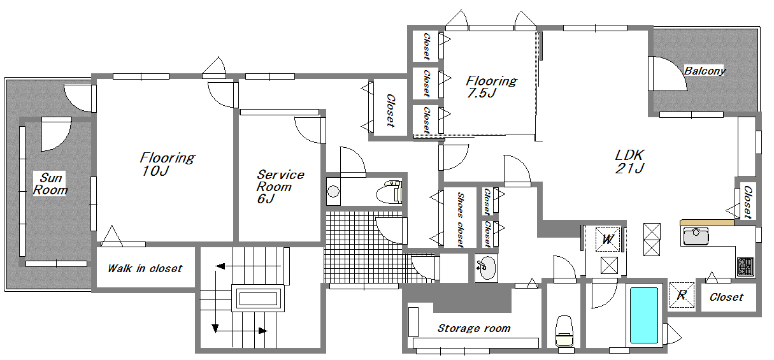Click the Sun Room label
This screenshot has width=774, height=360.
coord(50,184)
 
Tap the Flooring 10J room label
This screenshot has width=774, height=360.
coord(168,164)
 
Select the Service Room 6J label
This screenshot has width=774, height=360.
coord(280,187)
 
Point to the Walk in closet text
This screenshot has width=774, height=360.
coord(145,268)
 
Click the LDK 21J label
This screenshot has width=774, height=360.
coord(629,161)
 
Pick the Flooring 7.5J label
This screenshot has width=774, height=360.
coord(491,87)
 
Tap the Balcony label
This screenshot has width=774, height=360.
coord(705,71)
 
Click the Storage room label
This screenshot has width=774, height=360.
coord(474,328)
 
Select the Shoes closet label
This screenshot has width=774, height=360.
coord(460,220)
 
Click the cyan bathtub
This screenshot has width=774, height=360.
coord(644,315)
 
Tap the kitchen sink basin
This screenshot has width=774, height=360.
coord(696,236)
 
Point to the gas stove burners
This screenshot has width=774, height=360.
coord(745,266)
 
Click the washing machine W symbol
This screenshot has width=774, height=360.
coord(608,239)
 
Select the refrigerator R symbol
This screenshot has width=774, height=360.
coord(682,295)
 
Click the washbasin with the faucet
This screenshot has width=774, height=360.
coord(486,268)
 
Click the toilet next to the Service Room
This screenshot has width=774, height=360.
coord(389,192)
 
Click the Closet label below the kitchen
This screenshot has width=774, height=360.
coord(726,297)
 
